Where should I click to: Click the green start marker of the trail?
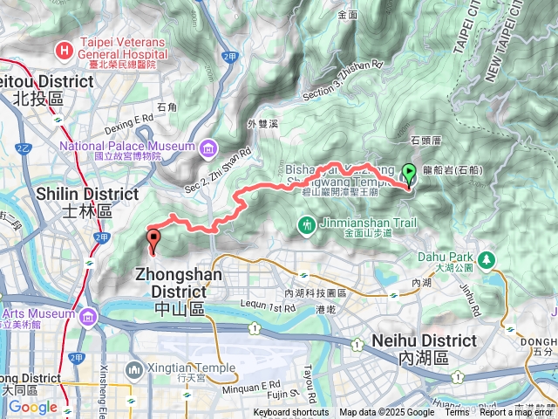coord(410,174)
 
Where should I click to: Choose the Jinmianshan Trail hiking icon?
coord(306,226)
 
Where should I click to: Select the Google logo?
coord(32,407)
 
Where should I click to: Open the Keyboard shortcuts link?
coord(291,413)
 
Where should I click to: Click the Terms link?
coord(456,413)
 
